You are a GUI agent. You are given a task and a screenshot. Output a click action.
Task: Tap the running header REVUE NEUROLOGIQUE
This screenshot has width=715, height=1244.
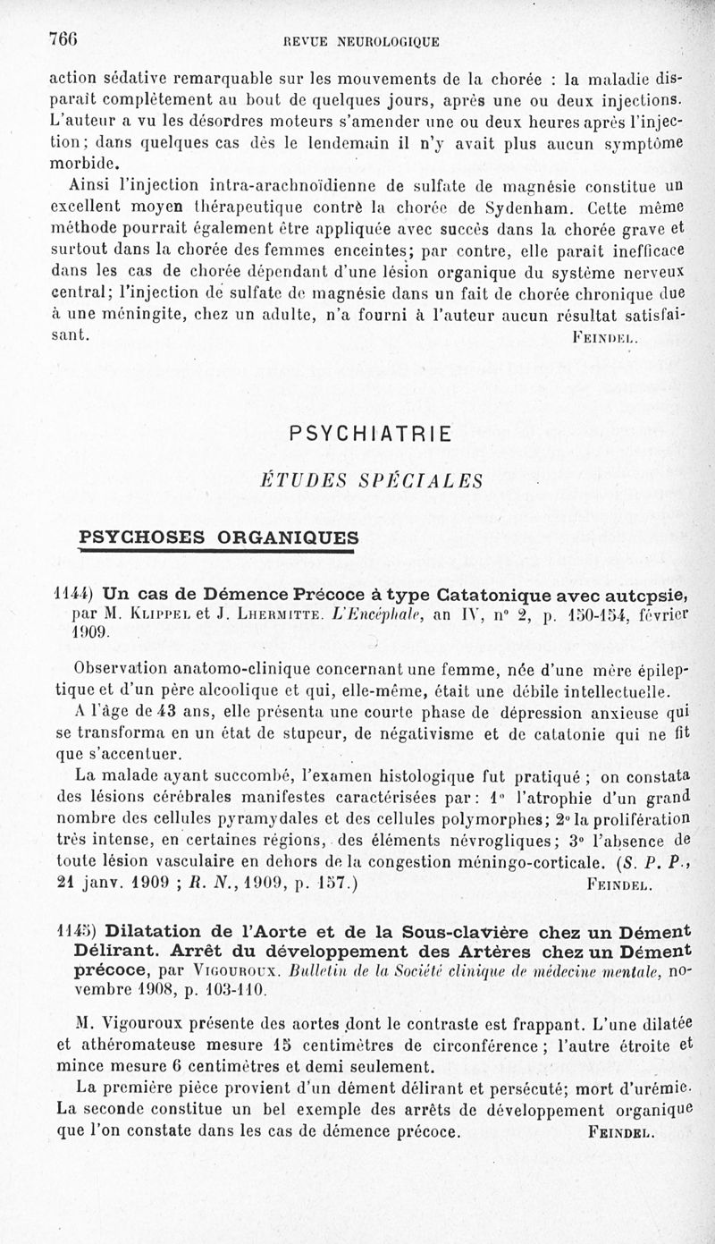361,40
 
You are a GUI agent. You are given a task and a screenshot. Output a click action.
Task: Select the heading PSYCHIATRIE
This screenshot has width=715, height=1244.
371,434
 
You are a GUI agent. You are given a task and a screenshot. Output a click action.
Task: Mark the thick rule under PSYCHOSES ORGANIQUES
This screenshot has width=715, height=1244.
218,551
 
